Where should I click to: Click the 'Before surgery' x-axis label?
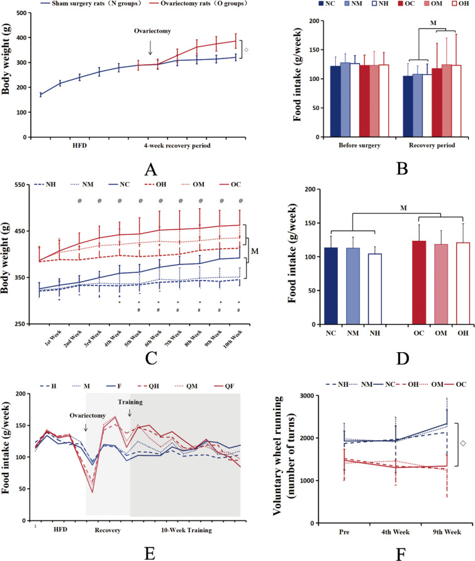point(350,145)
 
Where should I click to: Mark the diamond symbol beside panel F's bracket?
point(463,460)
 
